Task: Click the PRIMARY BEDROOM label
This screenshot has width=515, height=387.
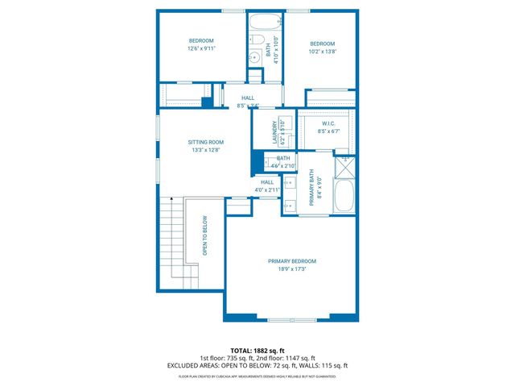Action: pyautogui.click(x=291, y=261)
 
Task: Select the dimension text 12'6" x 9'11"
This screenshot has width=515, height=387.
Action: pyautogui.click(x=202, y=48)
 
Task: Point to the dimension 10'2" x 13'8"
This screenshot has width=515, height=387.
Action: pyautogui.click(x=323, y=51)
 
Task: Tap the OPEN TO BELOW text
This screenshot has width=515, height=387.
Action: pyautogui.click(x=205, y=235)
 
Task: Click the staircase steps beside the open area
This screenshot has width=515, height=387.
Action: pyautogui.click(x=170, y=242)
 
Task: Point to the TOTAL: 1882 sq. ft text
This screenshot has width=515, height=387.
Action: pyautogui.click(x=257, y=351)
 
